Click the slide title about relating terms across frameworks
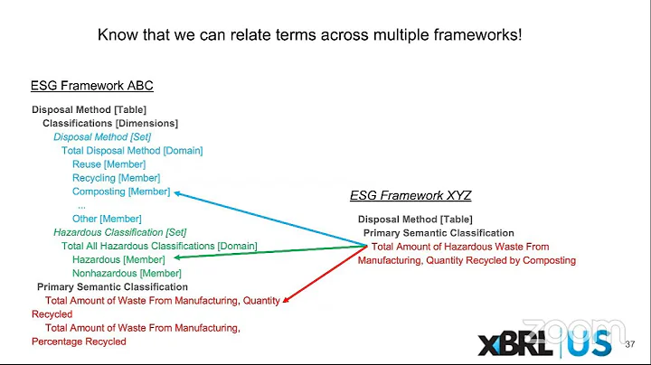click(x=309, y=35)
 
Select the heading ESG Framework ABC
click(x=92, y=86)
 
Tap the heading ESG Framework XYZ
click(x=410, y=195)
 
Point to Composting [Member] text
click(x=121, y=192)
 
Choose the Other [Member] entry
click(x=107, y=219)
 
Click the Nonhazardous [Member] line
click(x=127, y=273)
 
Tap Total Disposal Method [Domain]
click(x=132, y=151)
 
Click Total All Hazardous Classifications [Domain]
click(x=159, y=246)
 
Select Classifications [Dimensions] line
click(x=110, y=123)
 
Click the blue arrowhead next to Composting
click(x=177, y=192)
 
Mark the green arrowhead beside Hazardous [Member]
click(x=175, y=258)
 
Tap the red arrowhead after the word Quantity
click(x=287, y=301)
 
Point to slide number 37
click(x=630, y=345)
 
